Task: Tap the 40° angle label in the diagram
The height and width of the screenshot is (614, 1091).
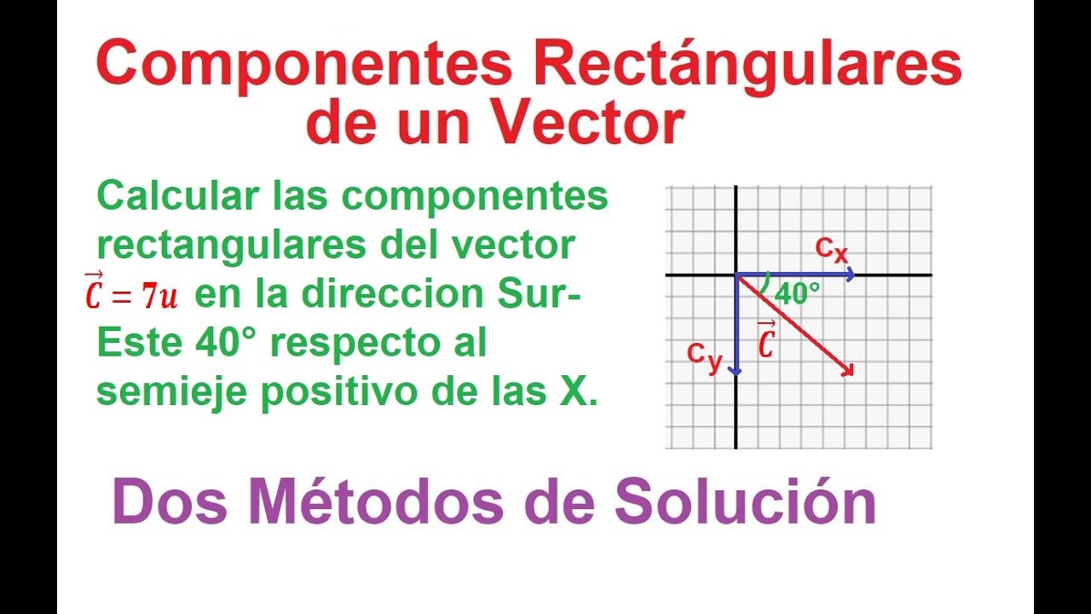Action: (x=798, y=293)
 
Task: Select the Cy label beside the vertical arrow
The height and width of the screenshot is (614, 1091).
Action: (x=705, y=356)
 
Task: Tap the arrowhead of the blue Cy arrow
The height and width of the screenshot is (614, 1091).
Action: (x=736, y=370)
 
